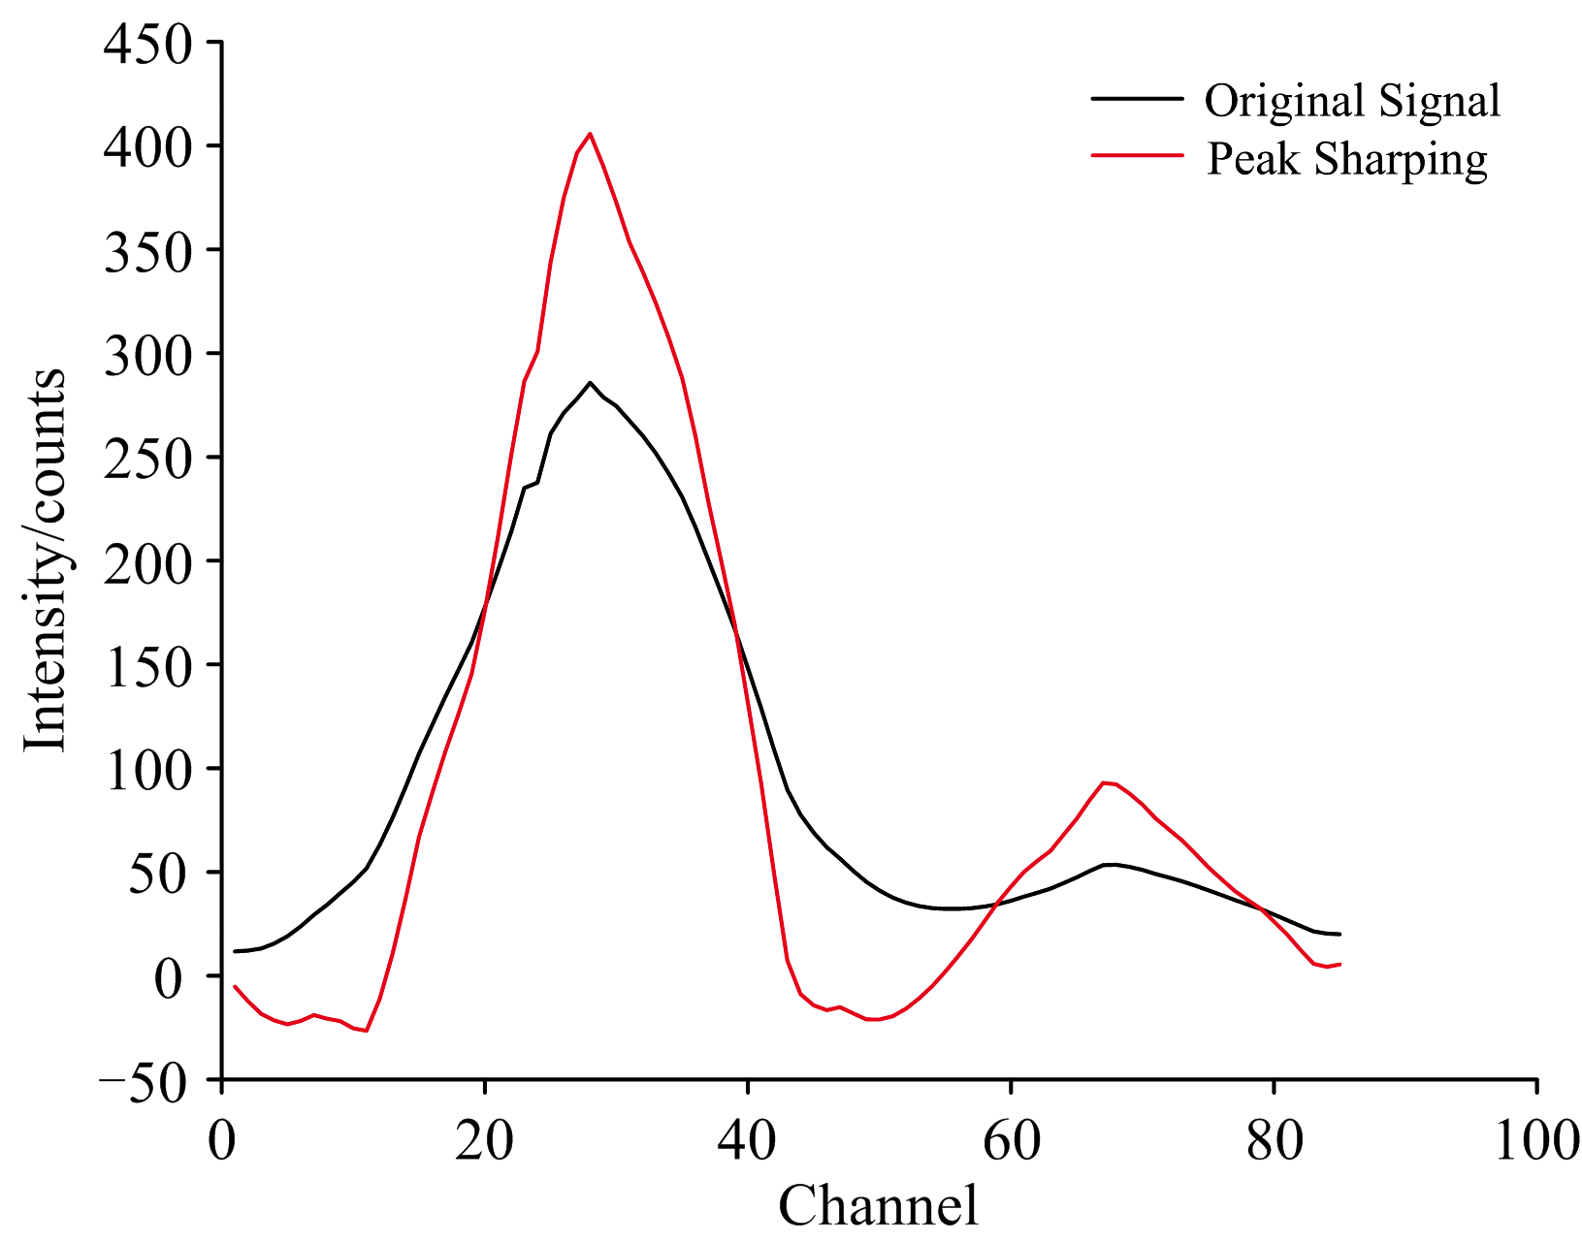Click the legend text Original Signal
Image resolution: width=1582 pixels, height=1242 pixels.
(x=1352, y=101)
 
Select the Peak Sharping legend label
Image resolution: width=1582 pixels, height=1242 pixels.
(x=1346, y=159)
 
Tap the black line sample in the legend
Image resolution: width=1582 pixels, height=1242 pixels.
(x=1137, y=98)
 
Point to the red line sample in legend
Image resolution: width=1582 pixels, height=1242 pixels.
(x=1137, y=154)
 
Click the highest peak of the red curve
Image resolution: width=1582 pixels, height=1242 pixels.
(x=590, y=134)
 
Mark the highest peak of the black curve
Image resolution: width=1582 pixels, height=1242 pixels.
(x=590, y=382)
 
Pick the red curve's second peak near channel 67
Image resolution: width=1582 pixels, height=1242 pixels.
(x=1104, y=782)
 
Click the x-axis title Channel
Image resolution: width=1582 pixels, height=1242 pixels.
(x=878, y=1206)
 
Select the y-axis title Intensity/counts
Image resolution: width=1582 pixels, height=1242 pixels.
(x=45, y=560)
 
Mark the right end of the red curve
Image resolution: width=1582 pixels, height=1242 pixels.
(x=1340, y=964)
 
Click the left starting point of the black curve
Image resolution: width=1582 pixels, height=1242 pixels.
(x=235, y=951)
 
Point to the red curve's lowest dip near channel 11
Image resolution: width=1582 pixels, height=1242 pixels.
(x=367, y=1031)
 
